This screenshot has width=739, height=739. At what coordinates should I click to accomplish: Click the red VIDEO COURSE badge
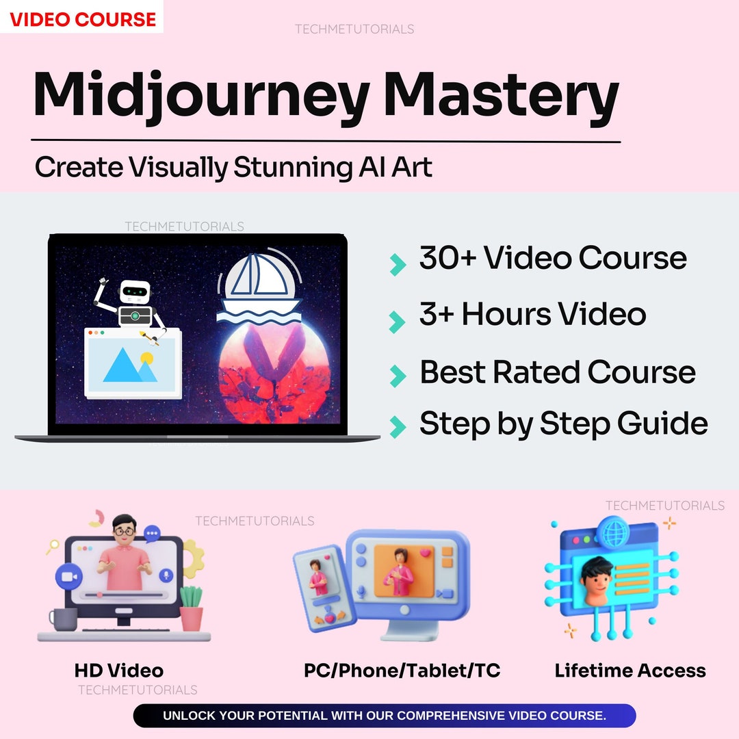(x=82, y=18)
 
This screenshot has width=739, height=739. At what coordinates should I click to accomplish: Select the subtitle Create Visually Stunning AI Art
(x=233, y=168)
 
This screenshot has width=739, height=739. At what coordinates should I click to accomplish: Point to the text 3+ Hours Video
(x=532, y=314)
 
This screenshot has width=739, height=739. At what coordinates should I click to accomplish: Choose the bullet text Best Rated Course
(x=557, y=372)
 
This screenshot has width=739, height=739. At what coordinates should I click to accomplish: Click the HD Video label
(x=119, y=671)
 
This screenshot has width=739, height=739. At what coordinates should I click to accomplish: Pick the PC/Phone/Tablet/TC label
(x=402, y=671)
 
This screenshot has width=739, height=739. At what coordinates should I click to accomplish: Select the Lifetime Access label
(x=630, y=671)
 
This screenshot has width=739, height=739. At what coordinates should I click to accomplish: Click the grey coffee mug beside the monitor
(x=64, y=619)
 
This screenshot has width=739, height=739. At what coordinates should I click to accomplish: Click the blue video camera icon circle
(x=68, y=576)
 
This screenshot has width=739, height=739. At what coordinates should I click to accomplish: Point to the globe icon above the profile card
(x=610, y=530)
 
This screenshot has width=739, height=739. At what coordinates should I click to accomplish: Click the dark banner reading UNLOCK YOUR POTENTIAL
(x=385, y=716)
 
